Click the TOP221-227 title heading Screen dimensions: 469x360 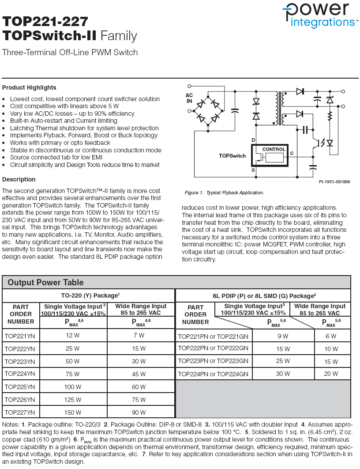click(x=45, y=22)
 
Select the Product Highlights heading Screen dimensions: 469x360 click(x=29, y=87)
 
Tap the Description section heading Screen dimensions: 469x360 click(x=19, y=179)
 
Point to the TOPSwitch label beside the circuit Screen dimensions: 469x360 click(x=232, y=156)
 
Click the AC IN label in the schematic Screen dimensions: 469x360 click(x=189, y=98)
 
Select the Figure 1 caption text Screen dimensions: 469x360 click(x=224, y=193)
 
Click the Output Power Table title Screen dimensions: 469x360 click(x=45, y=282)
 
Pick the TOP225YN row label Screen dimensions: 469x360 click(x=19, y=387)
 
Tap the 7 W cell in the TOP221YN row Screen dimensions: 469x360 click(x=139, y=335)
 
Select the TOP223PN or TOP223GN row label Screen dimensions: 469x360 click(x=213, y=361)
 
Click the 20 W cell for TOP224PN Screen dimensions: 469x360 click(x=331, y=374)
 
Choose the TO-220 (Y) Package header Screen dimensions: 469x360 click(x=90, y=295)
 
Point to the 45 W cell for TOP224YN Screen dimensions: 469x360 click(x=139, y=374)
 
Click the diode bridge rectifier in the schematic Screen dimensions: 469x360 click(x=207, y=110)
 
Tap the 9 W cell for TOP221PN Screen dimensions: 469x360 click(x=283, y=336)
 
